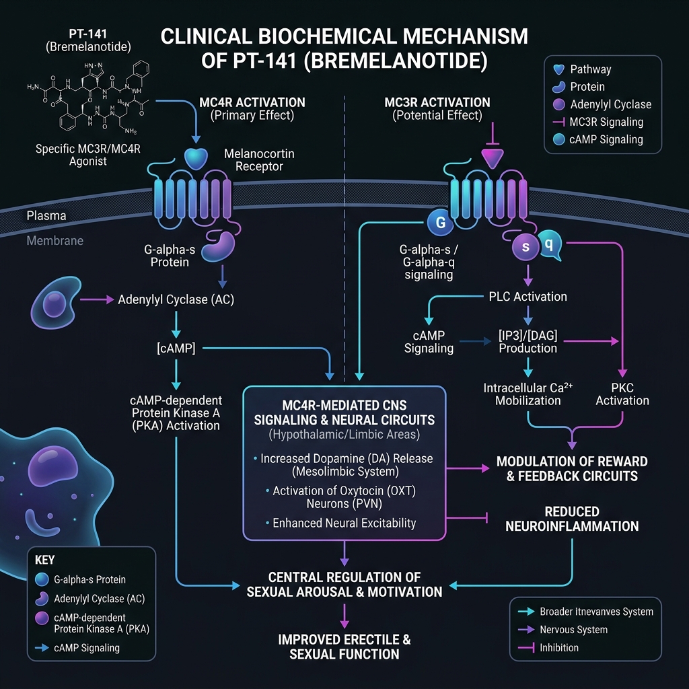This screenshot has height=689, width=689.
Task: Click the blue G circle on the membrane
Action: point(440,222)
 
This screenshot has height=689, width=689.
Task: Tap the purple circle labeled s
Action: point(525,246)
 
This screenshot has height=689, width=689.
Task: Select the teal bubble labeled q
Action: point(550,244)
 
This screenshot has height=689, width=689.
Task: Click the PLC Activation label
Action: point(528,297)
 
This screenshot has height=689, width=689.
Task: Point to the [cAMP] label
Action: point(176,349)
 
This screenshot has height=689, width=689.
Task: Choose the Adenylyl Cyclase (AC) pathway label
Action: point(176,299)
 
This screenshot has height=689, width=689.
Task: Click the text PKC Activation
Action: point(622,394)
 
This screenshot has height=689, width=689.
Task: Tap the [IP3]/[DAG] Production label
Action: point(528,341)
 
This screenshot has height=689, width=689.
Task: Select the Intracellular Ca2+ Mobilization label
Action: point(528,394)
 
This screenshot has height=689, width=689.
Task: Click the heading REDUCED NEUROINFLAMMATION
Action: point(572,519)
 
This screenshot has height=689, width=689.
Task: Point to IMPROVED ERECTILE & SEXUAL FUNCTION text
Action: point(344,647)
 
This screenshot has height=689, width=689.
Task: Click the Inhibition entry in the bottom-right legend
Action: point(559,648)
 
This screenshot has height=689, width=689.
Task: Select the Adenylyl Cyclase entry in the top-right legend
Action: point(611,104)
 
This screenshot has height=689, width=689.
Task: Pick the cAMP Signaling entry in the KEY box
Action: point(87,648)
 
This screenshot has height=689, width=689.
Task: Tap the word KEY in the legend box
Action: point(45,560)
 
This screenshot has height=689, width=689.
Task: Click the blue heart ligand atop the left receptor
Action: point(196,158)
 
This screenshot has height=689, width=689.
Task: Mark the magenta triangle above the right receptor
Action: point(493,159)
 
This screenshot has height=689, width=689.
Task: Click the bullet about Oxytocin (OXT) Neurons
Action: point(341,497)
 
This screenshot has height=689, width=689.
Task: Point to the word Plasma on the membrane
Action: point(46,216)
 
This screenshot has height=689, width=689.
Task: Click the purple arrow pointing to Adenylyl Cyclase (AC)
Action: point(97,299)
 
